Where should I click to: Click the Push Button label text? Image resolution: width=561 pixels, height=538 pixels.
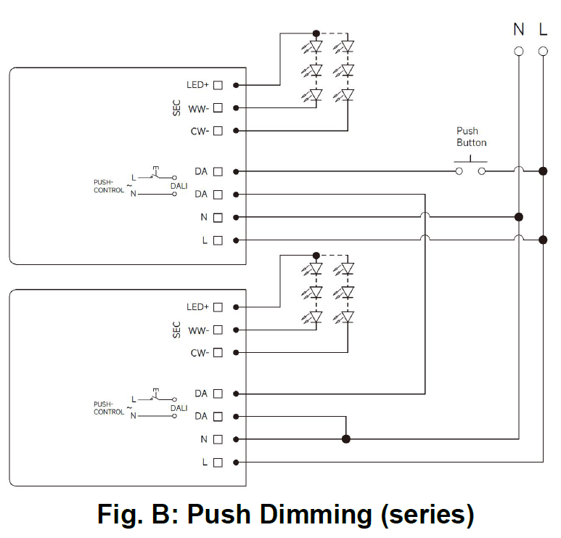(471, 136)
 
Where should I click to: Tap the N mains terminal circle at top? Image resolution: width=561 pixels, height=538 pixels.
(518, 51)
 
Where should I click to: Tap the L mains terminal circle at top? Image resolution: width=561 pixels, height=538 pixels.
(543, 51)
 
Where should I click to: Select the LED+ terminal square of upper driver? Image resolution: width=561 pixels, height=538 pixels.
(218, 85)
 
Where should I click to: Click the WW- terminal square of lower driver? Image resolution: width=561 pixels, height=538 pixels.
(218, 330)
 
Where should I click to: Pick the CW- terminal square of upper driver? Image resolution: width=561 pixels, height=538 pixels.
(218, 131)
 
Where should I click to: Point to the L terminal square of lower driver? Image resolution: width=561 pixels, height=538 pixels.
(218, 462)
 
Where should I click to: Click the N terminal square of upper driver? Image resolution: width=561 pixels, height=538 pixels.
(218, 217)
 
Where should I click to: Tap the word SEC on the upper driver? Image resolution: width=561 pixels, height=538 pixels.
(176, 108)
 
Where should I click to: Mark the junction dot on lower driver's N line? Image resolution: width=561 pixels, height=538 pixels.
(346, 439)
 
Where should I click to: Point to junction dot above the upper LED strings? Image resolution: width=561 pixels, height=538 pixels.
(316, 33)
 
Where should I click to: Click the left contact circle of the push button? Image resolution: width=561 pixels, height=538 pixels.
(459, 171)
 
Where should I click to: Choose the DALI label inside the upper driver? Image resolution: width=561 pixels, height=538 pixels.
(179, 185)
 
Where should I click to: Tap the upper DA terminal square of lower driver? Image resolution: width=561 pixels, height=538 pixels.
(218, 394)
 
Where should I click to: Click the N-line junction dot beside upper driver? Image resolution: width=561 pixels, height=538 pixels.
(518, 217)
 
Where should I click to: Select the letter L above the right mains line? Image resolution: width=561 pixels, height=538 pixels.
(543, 29)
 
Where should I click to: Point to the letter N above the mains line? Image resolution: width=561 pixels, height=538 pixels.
(518, 29)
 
